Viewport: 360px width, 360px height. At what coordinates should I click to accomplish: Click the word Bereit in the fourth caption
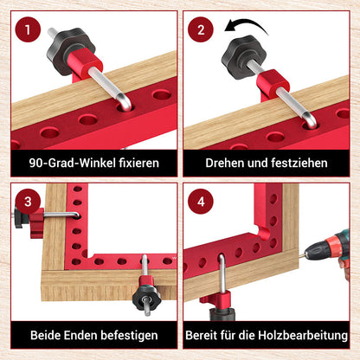[206, 335]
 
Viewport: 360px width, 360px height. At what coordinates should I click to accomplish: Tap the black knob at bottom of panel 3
[139, 299]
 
